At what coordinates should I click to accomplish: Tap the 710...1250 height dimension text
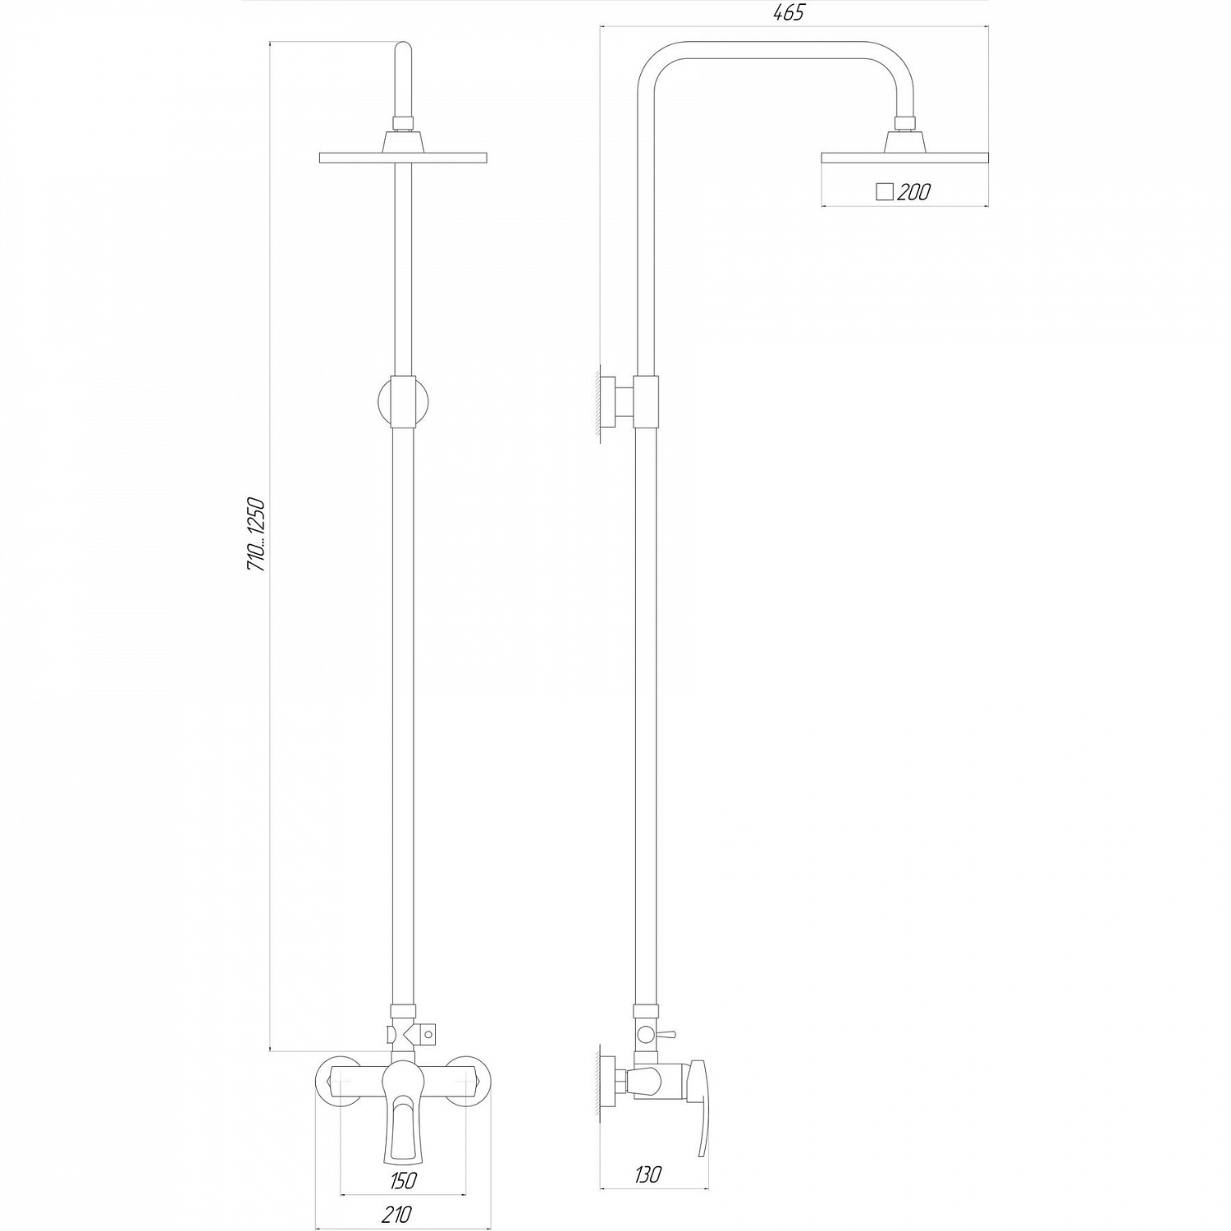tap(255, 534)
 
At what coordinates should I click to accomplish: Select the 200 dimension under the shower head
tap(913, 193)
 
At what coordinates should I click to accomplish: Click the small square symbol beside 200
tap(884, 192)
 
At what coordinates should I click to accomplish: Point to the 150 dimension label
tap(404, 1181)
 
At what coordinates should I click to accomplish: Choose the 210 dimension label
tap(397, 1214)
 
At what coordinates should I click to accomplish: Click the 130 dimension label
tap(648, 1174)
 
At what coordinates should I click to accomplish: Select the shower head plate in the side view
tap(904, 157)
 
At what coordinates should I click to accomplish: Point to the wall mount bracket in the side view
tap(617, 402)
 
